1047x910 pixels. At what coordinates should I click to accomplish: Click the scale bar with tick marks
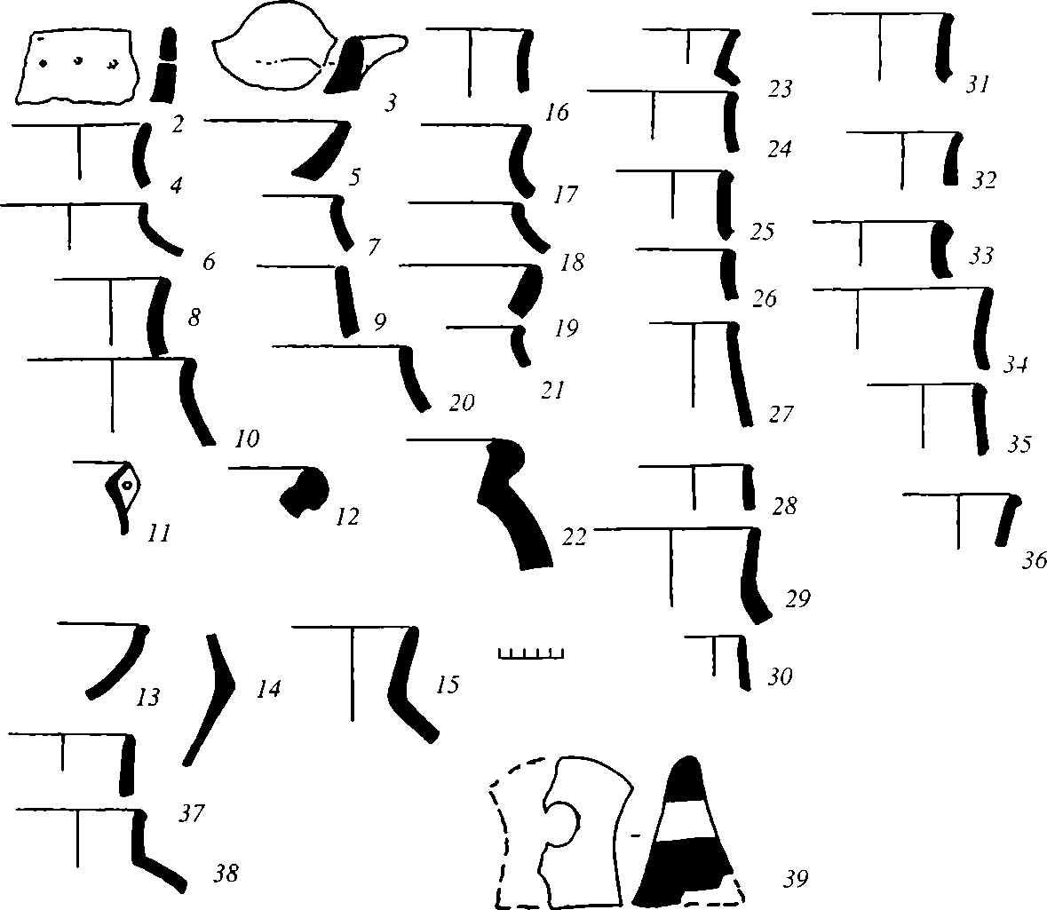pos(531,654)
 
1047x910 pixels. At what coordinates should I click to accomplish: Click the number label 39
pos(794,879)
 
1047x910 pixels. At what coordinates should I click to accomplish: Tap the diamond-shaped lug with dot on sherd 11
pos(125,487)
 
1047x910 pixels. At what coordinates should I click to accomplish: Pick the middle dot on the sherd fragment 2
pos(78,61)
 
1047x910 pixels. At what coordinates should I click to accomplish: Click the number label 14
pos(267,688)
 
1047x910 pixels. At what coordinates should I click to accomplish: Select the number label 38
pos(226,874)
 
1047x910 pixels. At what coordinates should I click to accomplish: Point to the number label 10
pos(247,439)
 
